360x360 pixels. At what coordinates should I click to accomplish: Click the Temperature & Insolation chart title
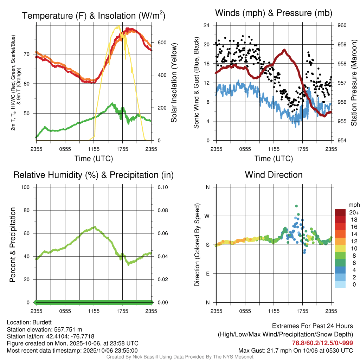pos(94,15)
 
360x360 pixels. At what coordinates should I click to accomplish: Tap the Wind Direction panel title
pos(274,175)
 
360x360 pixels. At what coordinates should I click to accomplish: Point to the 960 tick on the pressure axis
pos(341,25)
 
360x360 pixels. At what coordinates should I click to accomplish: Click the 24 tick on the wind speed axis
pos(206,25)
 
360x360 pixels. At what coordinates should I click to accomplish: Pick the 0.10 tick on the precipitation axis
pos(162,187)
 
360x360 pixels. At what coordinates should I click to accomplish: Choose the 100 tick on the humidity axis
pos(28,187)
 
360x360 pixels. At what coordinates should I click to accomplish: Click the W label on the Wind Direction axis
pos(207,216)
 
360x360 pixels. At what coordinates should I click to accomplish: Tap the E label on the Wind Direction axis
pos(208,274)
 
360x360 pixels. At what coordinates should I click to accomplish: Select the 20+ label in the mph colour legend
pos(354,212)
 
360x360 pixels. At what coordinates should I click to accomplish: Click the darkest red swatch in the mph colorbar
pos(340,212)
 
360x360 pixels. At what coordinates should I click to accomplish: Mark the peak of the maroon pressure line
pos(284,50)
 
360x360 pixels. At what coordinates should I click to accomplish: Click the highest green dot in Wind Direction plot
pos(296,206)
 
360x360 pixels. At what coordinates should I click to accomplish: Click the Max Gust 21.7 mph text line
pos(295,350)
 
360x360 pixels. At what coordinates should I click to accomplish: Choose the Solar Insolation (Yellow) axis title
pos(174,83)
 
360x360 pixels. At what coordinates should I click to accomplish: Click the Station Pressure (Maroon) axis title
pos(354,83)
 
